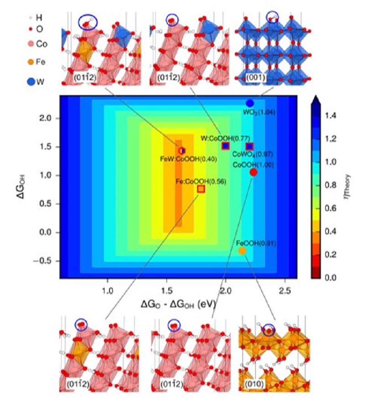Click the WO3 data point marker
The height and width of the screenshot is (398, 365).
250,103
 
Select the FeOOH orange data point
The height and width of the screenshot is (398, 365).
242,251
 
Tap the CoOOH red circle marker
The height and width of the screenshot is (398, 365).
254,172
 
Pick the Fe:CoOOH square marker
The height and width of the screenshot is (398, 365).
201,189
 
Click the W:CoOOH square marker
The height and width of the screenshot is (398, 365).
225,146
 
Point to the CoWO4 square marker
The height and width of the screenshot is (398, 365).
249,146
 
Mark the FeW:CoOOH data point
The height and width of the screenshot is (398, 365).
182,150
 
